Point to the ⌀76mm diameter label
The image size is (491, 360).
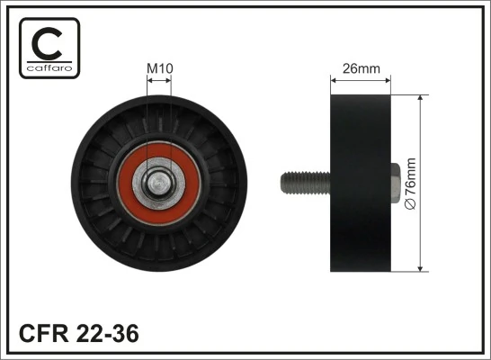coord(412,184)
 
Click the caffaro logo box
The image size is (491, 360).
coord(49,47)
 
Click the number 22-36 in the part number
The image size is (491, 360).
coord(107,334)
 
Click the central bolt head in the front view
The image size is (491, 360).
coord(159,183)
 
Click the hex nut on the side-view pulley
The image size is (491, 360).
coord(396,183)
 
